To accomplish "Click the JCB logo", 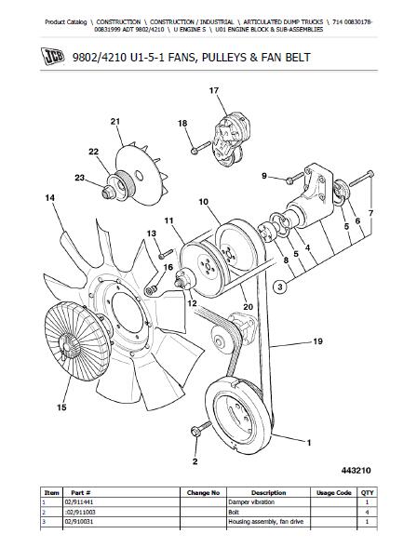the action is coord(53,56).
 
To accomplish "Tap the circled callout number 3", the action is coord(280,287).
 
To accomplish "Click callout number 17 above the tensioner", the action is coord(214,91).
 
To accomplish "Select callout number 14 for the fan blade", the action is coord(50,198).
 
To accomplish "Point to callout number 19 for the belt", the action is coord(317,341).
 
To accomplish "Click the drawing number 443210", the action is coord(356,471).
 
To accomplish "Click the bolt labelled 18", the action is coord(201,147).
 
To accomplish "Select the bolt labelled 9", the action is coord(294,178).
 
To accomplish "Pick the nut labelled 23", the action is coord(107,192).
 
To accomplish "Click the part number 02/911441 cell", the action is coord(79,502).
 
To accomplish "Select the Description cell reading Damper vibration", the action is coord(251,502).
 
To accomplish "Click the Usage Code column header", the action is coord(333,493).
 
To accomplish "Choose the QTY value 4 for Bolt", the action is coord(367,512).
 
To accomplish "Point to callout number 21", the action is coord(115,121).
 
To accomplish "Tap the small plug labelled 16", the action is coord(152,289).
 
